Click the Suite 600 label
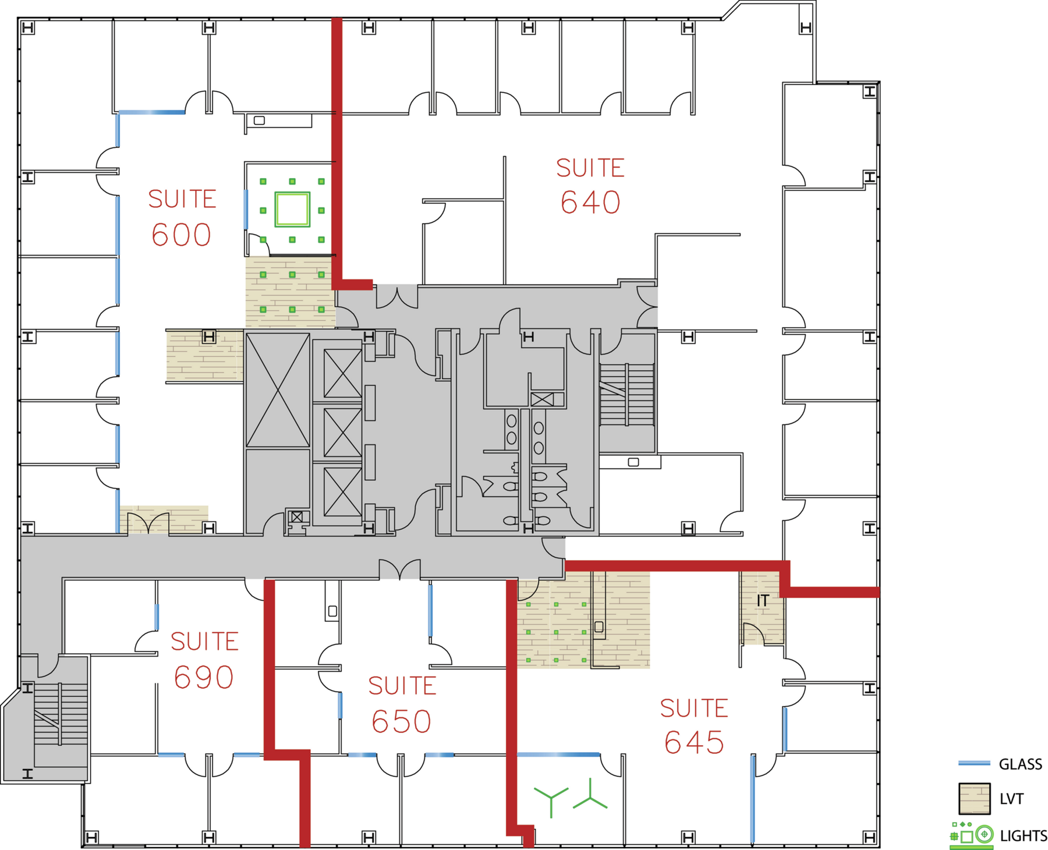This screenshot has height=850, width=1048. click(x=182, y=218)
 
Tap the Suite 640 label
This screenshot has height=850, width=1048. click(x=590, y=186)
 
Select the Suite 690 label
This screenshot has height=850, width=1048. click(x=204, y=660)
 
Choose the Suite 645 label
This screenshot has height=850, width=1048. click(x=694, y=726)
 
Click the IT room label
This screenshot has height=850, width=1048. click(x=763, y=600)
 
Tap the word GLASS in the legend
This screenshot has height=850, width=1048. click(x=1020, y=764)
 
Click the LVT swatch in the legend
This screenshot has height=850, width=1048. click(x=974, y=798)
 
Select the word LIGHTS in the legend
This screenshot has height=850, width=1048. click(x=1023, y=835)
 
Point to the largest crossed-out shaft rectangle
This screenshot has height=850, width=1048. click(x=278, y=389)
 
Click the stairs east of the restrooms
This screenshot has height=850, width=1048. click(x=627, y=394)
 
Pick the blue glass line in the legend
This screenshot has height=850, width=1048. click(x=973, y=763)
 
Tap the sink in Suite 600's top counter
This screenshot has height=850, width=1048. click(x=260, y=121)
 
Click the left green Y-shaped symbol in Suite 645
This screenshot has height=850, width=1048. click(x=551, y=801)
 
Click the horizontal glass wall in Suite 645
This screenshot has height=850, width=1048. click(x=558, y=755)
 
